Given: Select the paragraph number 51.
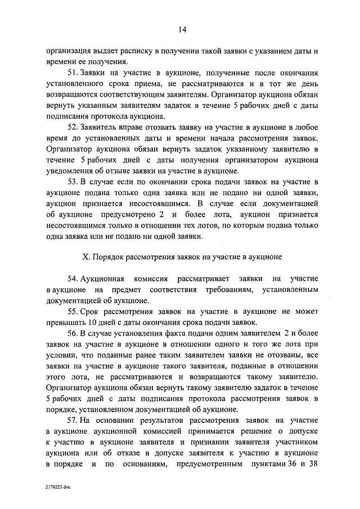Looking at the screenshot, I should [73, 74].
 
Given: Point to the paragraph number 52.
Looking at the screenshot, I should [73, 128].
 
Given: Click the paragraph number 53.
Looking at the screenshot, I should [73, 182].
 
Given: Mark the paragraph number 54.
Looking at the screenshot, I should [73, 279].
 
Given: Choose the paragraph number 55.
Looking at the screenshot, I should [73, 311].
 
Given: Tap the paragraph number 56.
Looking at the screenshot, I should [73, 333].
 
